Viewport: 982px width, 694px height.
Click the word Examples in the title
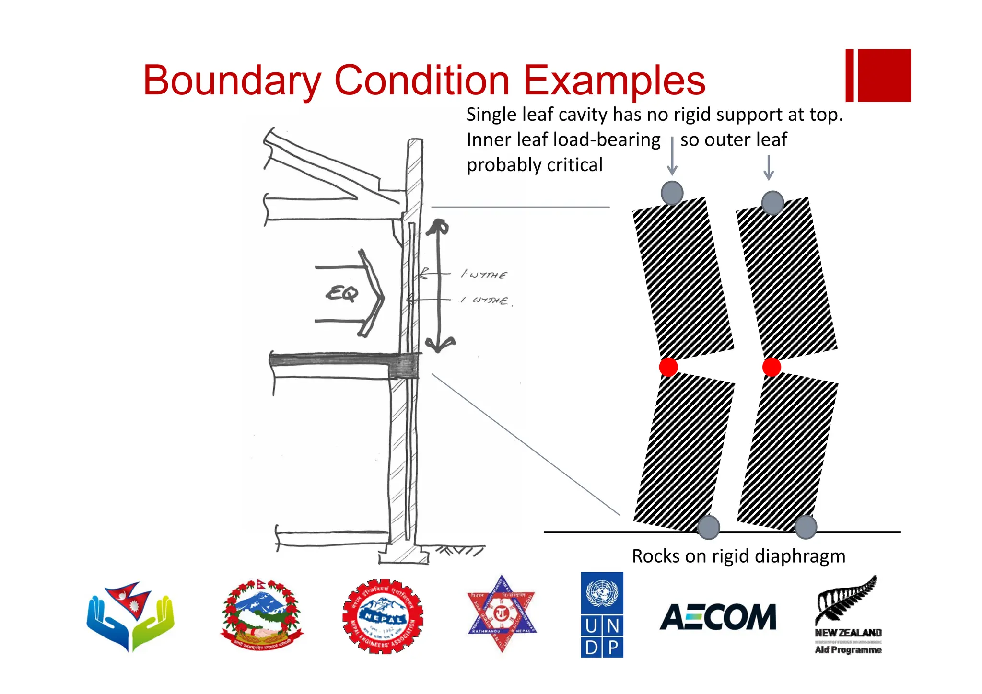point(614,81)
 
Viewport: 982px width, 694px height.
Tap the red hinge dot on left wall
point(668,367)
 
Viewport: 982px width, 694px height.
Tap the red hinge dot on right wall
point(771,367)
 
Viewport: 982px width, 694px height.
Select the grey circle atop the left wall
point(672,193)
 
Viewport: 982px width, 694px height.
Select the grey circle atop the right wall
point(772,202)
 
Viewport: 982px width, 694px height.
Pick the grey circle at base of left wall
point(708,527)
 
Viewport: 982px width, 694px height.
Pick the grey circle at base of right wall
point(806,527)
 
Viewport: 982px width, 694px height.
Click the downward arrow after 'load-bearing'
point(672,156)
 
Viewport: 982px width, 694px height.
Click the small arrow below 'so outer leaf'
point(769,167)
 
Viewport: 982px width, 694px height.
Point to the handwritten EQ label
point(342,293)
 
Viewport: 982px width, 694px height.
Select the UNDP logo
point(602,614)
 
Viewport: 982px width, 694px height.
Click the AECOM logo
point(718,617)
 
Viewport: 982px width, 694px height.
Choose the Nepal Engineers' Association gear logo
point(383,616)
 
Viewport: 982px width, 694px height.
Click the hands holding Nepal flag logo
point(130,616)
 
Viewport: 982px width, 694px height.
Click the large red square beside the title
point(884,75)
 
